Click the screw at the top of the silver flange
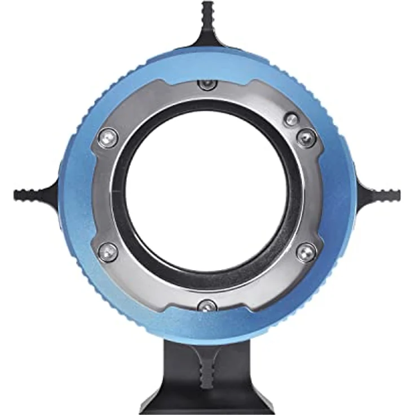[207, 84]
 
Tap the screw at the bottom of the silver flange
[207, 306]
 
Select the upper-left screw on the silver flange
[107, 138]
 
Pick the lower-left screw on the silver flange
[107, 252]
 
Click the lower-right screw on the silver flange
[306, 252]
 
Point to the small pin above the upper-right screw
[291, 119]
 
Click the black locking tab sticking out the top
[207, 17]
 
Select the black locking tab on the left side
[31, 195]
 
